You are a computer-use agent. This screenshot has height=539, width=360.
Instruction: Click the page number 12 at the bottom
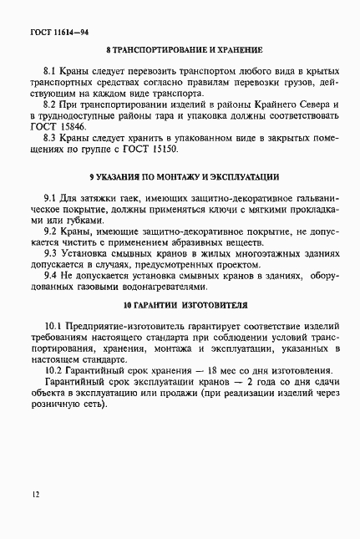pyautogui.click(x=33, y=495)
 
